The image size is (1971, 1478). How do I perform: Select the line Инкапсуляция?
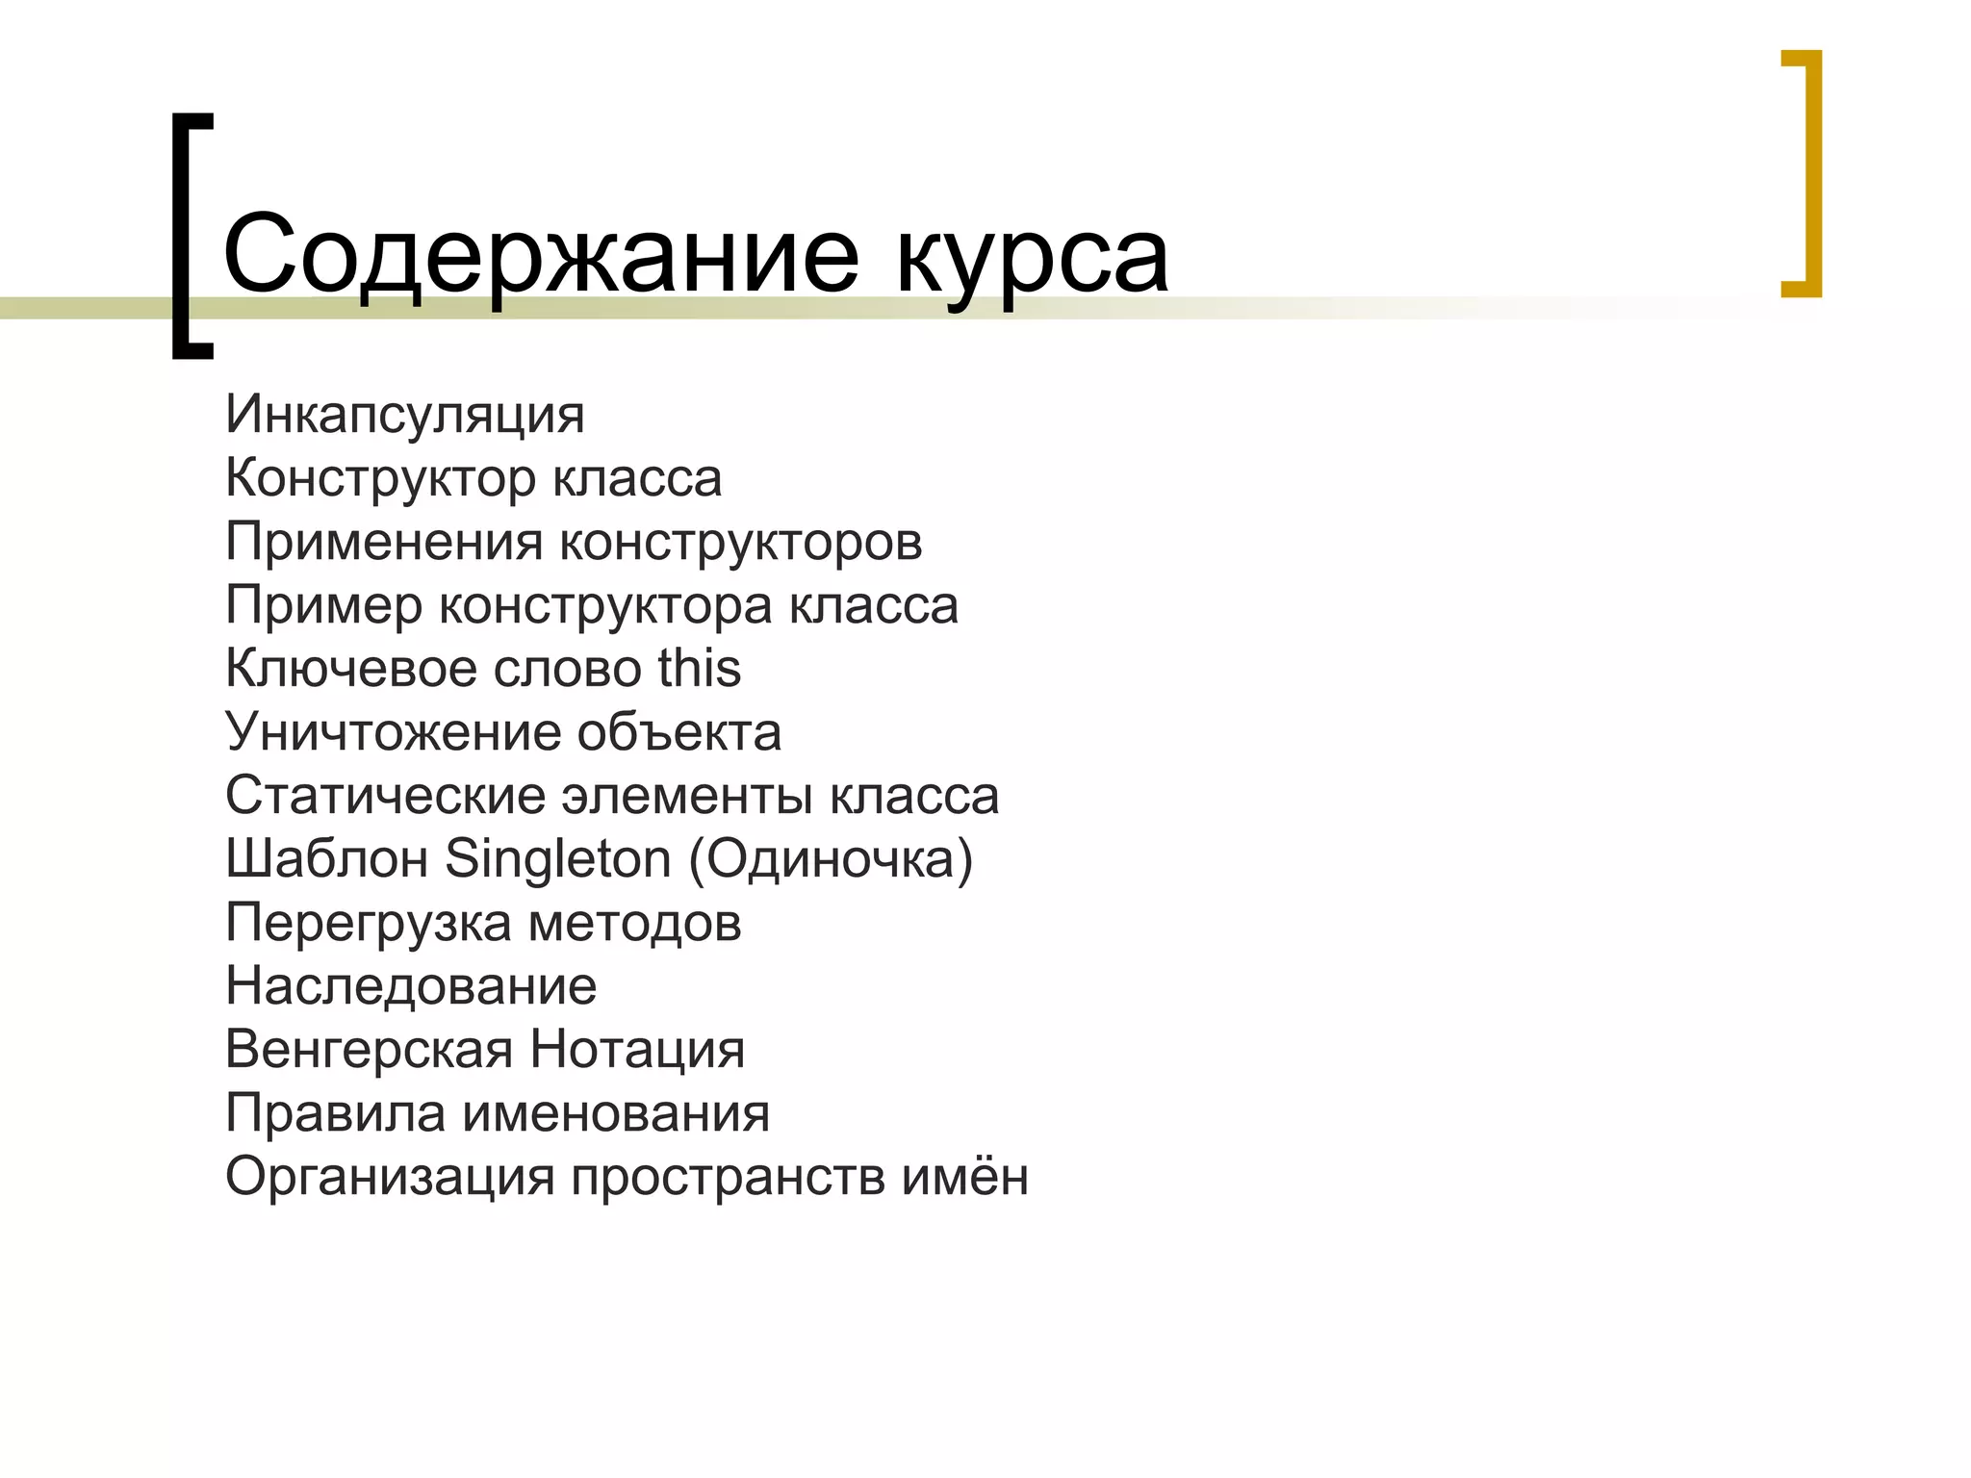[x=405, y=415]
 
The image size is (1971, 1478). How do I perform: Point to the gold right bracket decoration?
[x=1809, y=173]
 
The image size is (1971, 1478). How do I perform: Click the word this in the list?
[x=700, y=669]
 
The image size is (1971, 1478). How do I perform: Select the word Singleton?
[x=558, y=858]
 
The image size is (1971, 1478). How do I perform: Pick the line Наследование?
[x=411, y=986]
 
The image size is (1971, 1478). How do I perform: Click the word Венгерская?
[x=369, y=1050]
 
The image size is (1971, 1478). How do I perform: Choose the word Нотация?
[x=638, y=1050]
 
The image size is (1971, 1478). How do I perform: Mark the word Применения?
[x=384, y=542]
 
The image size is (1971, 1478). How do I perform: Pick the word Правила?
[x=335, y=1113]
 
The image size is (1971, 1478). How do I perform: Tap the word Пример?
[x=323, y=605]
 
